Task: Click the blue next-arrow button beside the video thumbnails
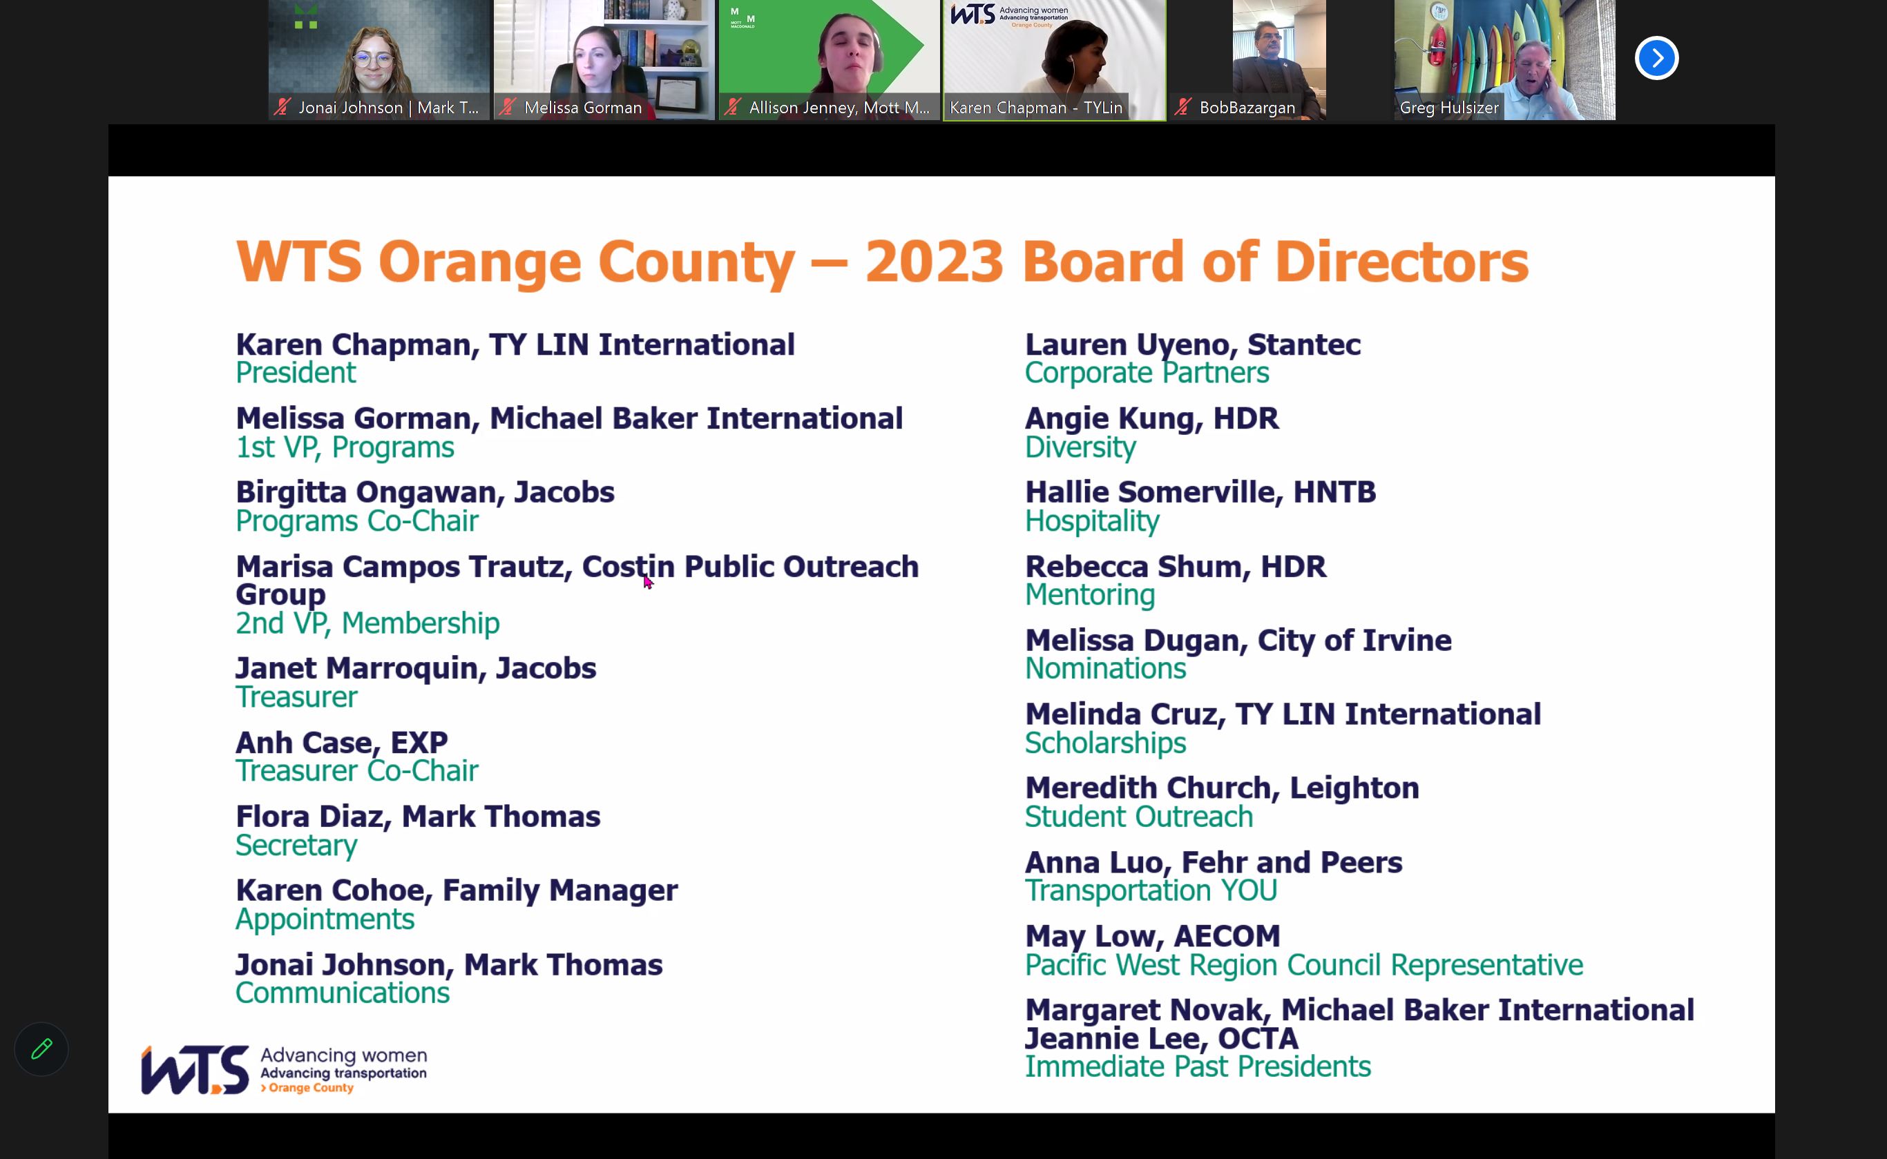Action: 1656,58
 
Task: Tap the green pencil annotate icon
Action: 41,1049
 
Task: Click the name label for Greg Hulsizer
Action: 1448,107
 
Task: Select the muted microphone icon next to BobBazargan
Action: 1183,107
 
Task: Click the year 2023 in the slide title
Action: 934,262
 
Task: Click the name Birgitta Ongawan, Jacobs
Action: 425,493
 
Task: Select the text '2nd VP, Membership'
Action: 367,623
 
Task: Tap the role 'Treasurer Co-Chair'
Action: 356,771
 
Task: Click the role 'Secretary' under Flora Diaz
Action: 296,846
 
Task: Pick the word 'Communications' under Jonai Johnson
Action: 342,993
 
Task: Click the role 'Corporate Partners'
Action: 1147,373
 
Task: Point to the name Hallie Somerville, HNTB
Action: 1200,493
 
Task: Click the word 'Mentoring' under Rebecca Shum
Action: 1089,596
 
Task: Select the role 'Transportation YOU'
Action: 1151,890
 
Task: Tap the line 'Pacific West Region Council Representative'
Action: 1303,965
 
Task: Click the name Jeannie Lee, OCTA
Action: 1162,1039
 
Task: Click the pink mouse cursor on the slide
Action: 648,583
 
